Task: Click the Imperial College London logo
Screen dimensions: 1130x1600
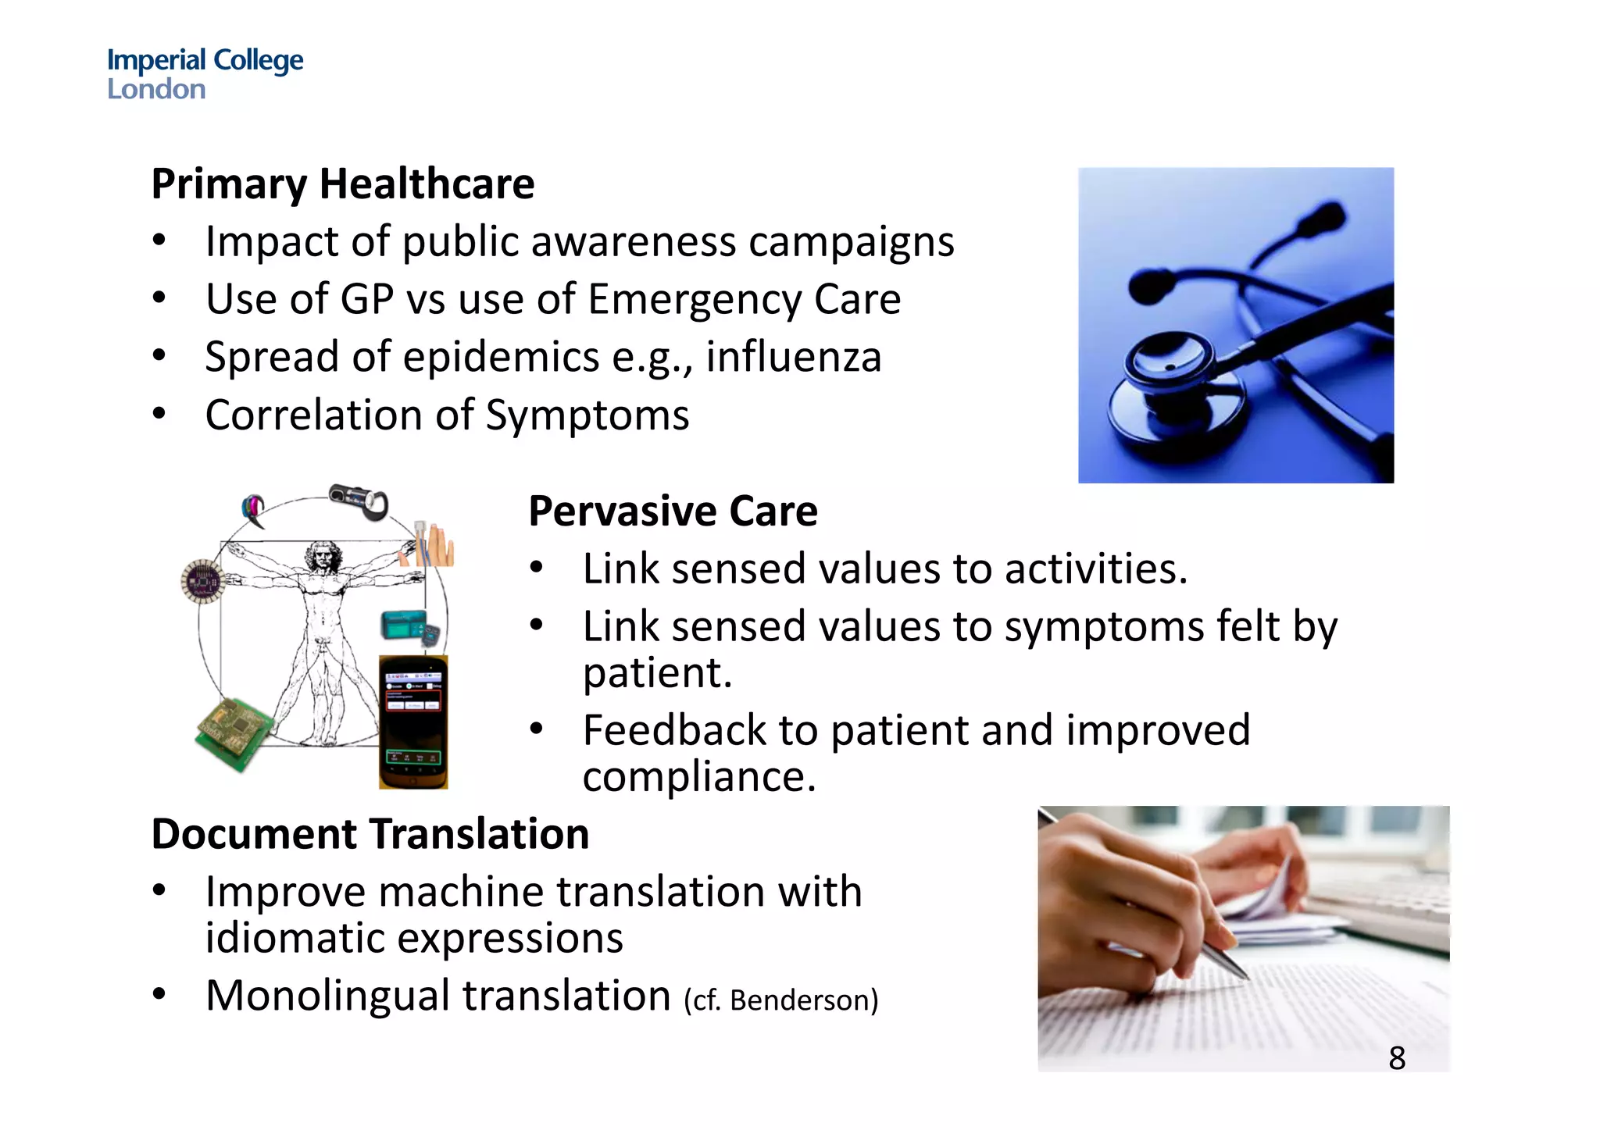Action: click(x=205, y=73)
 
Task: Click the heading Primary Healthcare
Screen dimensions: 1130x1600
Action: click(x=342, y=184)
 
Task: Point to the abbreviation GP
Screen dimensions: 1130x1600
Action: click(x=366, y=300)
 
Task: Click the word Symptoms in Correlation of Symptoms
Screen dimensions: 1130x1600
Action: click(x=587, y=415)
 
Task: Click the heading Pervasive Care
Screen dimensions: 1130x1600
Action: click(x=673, y=512)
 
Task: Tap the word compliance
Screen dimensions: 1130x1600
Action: click(x=698, y=777)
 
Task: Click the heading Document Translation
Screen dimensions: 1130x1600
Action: click(x=370, y=834)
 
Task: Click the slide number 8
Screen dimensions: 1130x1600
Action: click(x=1397, y=1059)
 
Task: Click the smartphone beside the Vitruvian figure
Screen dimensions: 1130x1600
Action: click(x=413, y=722)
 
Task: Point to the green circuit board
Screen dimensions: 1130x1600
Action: click(x=233, y=733)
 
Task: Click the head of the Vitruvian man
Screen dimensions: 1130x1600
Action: click(x=320, y=556)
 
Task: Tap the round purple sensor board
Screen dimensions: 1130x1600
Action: click(x=203, y=581)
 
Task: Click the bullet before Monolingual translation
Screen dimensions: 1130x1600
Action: click(x=159, y=995)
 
